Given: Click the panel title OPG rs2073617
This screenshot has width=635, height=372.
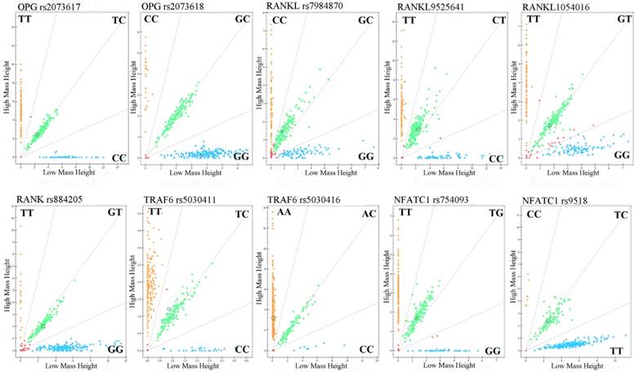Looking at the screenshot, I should [x=40, y=7].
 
